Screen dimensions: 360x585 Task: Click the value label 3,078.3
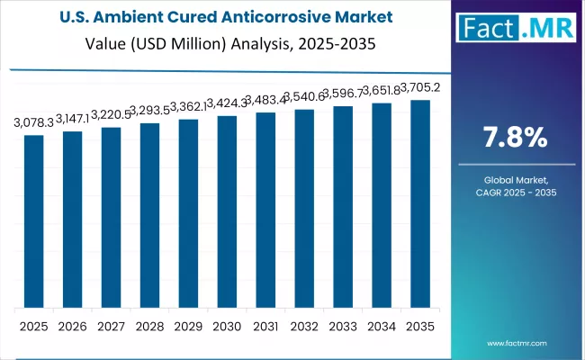pyautogui.click(x=33, y=122)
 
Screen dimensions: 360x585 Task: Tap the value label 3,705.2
pyautogui.click(x=418, y=87)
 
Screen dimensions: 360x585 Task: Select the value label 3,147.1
pyautogui.click(x=72, y=118)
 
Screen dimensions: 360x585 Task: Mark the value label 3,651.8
pyautogui.click(x=380, y=91)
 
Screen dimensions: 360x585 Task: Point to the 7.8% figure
pyautogui.click(x=515, y=138)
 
